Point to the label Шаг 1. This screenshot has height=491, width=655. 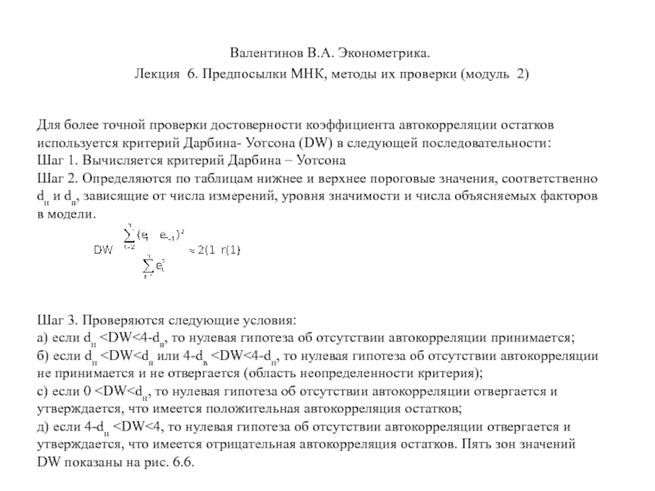[x=58, y=159]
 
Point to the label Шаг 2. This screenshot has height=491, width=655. [x=58, y=178]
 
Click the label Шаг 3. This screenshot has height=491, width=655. [x=58, y=319]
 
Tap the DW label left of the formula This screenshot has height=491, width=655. [x=103, y=249]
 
